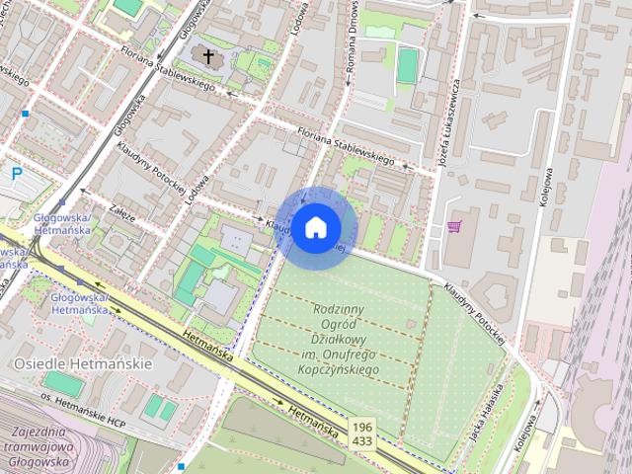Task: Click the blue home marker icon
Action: [x=315, y=228]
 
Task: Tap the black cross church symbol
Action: [x=208, y=55]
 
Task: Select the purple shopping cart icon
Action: [x=453, y=227]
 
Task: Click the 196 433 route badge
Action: [x=360, y=433]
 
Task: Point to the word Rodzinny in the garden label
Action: [x=339, y=308]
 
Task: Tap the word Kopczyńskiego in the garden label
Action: [x=339, y=368]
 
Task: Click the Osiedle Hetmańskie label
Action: [x=83, y=363]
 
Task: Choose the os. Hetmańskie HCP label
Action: [x=86, y=398]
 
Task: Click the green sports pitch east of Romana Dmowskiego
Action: [x=407, y=66]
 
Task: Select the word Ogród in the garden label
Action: [x=339, y=323]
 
